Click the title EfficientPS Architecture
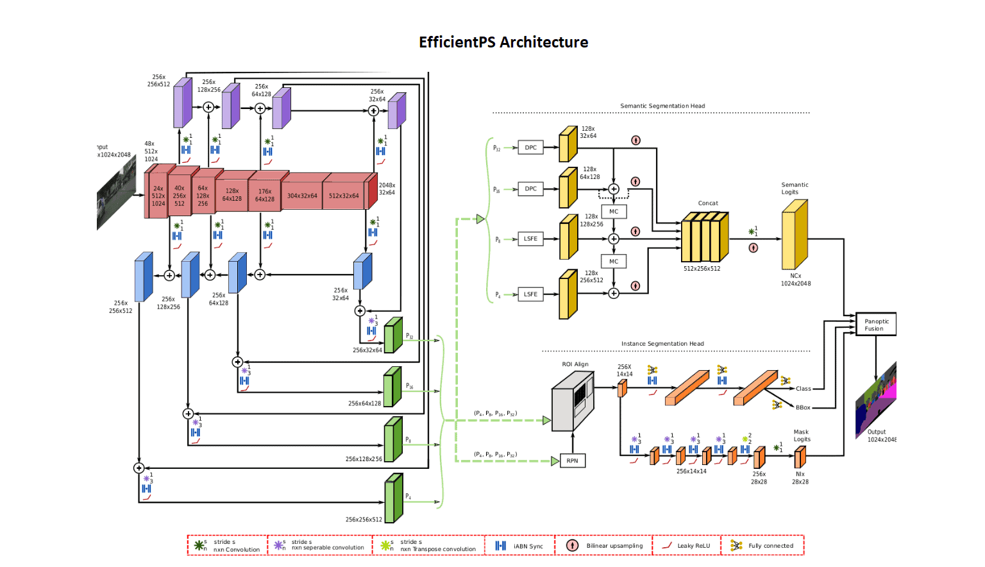[x=503, y=42]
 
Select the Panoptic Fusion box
[x=876, y=325]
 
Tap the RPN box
[x=572, y=461]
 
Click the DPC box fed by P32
[x=530, y=148]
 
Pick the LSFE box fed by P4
[x=530, y=294]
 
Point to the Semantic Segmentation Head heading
[x=662, y=106]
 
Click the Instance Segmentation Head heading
[x=662, y=344]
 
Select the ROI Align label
[x=575, y=364]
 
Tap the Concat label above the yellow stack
[x=708, y=203]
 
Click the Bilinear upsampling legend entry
[x=603, y=546]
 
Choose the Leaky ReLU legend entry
[x=686, y=546]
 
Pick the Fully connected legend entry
[x=762, y=546]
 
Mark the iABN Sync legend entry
[x=519, y=546]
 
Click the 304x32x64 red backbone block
[x=302, y=196]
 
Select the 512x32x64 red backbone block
[x=344, y=196]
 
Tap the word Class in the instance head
[x=804, y=389]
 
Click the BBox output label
[x=803, y=407]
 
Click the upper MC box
[x=614, y=211]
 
